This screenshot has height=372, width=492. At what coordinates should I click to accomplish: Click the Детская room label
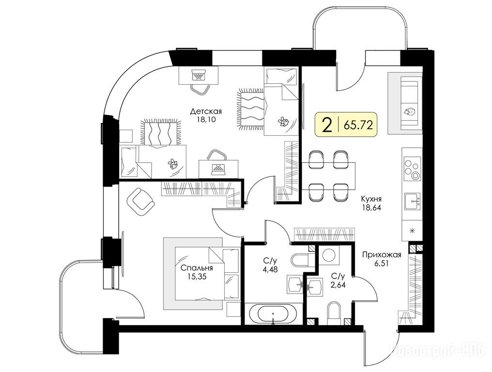coord(206,111)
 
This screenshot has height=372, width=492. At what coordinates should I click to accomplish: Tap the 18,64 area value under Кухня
coord(371,207)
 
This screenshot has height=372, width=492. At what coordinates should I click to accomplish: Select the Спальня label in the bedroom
coord(197,268)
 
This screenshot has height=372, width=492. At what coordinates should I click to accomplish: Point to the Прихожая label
coord(382,255)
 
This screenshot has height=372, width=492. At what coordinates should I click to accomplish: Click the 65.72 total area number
coord(358,125)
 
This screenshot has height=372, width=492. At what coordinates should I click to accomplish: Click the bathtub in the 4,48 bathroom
coord(273,313)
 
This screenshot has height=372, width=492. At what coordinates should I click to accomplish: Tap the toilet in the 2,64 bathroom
coord(334,313)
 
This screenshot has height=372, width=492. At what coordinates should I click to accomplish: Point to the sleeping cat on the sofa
coord(409,111)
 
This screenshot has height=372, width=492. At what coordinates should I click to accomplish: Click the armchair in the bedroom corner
coord(140,202)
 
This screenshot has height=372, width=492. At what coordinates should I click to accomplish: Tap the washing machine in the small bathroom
coord(329,255)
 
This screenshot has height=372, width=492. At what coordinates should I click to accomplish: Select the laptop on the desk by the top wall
coord(198,76)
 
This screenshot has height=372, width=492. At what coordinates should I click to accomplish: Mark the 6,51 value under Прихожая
coord(381,263)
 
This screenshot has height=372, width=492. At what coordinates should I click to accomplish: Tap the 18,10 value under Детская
coord(206,120)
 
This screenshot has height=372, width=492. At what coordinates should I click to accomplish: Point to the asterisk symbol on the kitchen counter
coord(413,231)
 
